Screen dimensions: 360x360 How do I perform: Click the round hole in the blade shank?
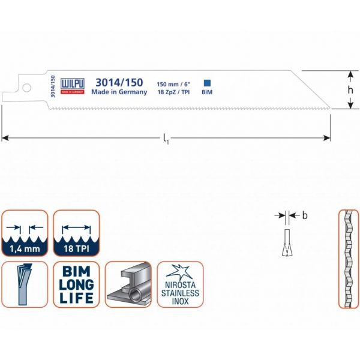(26, 88)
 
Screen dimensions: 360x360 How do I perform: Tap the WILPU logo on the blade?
(73, 86)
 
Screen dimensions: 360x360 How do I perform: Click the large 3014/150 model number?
(119, 82)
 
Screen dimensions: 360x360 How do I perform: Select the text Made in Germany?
(119, 92)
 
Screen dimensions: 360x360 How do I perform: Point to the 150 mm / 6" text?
(173, 84)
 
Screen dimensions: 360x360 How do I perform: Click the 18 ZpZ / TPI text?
(173, 92)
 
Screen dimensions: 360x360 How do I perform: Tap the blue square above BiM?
(207, 83)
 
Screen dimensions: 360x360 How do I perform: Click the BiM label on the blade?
(207, 92)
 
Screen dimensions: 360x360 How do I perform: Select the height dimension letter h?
(350, 90)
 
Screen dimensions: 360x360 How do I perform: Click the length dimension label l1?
(166, 139)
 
